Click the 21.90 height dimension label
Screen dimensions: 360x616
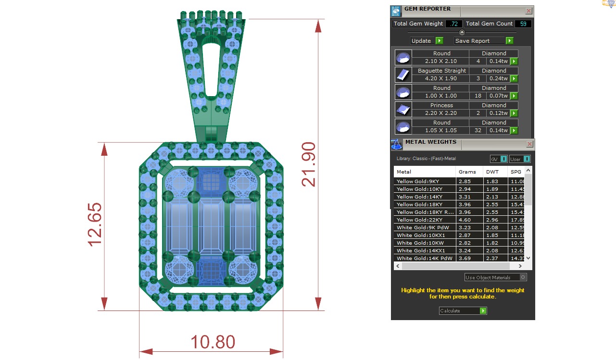coord(308,164)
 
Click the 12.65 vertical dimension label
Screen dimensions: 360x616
coord(95,224)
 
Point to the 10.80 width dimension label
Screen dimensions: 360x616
coord(213,342)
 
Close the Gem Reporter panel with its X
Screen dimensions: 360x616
coord(528,11)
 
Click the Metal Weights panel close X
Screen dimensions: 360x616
coord(529,144)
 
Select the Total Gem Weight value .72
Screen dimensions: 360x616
coord(453,24)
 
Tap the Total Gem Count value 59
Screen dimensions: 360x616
coord(523,24)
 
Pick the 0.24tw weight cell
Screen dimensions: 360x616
coord(498,78)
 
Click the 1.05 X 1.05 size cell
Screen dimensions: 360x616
coord(441,130)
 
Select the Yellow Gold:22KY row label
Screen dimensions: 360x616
coord(417,220)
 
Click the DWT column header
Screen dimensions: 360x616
coord(492,172)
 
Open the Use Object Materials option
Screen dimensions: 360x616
coord(495,277)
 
